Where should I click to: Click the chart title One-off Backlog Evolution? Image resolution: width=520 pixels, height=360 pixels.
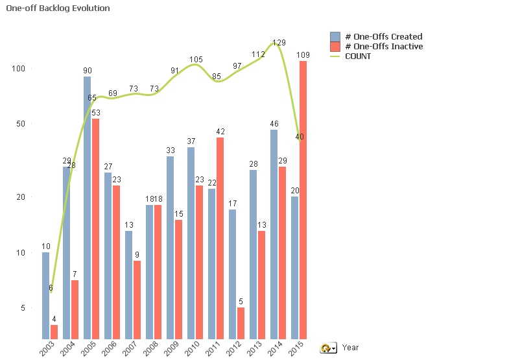(x=58, y=8)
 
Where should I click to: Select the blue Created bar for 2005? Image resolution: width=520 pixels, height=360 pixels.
(x=87, y=208)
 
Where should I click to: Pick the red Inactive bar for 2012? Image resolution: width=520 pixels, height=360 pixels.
(x=241, y=323)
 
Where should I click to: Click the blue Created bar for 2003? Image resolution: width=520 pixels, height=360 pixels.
(x=45, y=295)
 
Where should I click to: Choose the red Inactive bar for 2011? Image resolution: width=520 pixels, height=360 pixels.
(x=220, y=237)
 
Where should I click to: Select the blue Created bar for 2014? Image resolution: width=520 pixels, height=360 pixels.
(x=274, y=234)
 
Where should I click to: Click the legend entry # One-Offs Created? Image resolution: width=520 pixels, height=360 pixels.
(x=383, y=36)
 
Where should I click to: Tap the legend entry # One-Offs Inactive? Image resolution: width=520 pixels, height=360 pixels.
(x=383, y=46)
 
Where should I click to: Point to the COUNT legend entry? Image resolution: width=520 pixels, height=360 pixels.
(x=357, y=56)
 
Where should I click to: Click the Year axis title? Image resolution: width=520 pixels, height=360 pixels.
(x=350, y=348)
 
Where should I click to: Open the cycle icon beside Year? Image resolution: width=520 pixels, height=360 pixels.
(x=328, y=348)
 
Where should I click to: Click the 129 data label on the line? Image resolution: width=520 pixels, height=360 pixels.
(x=279, y=43)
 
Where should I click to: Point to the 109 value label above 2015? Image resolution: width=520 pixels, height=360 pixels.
(x=303, y=54)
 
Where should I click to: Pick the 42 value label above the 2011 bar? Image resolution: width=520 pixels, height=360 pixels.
(x=220, y=132)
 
